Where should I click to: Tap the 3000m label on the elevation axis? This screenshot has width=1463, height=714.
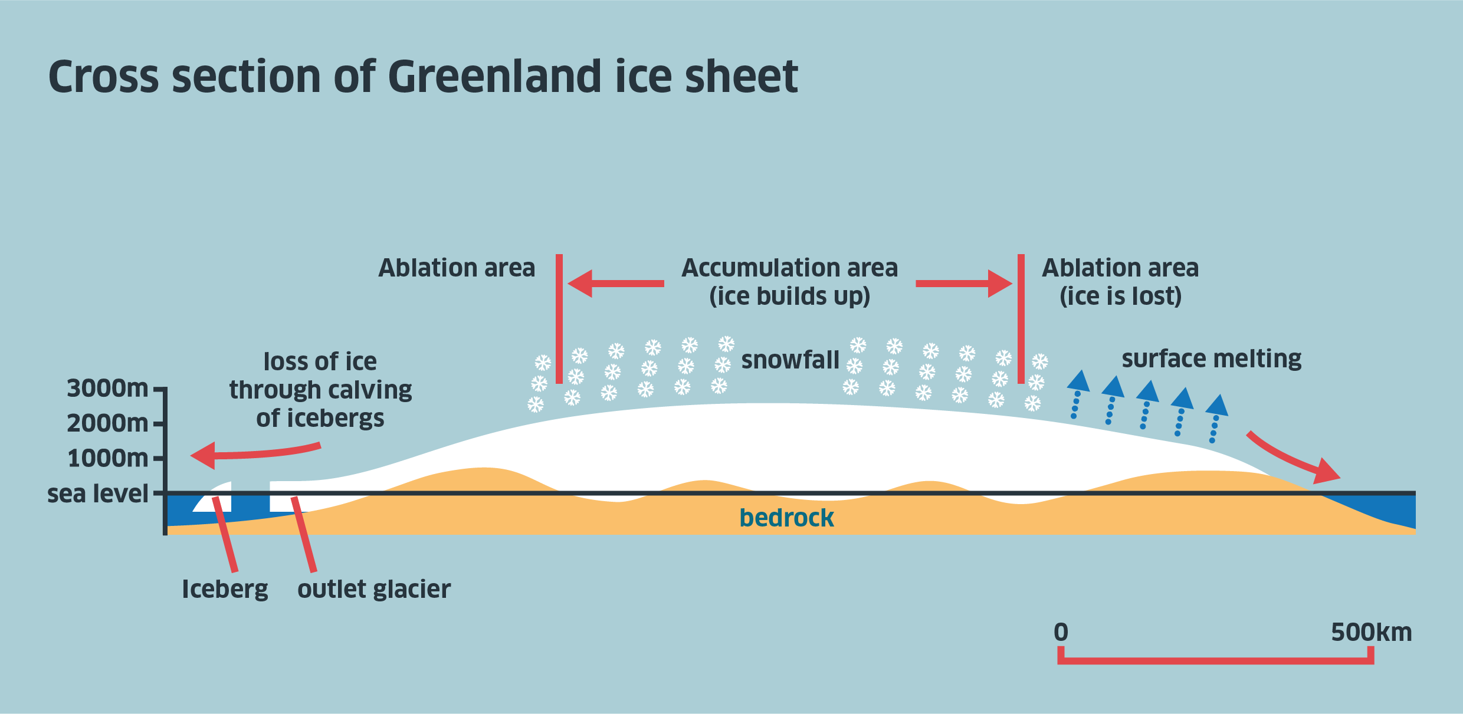click(x=107, y=389)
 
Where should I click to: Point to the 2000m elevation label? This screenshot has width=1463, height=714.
click(x=107, y=423)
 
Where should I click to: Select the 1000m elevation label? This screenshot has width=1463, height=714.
click(x=107, y=458)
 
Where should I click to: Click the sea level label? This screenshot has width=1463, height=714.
click(x=98, y=493)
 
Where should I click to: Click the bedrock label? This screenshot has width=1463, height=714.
click(x=786, y=518)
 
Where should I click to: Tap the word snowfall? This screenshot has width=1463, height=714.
click(x=790, y=360)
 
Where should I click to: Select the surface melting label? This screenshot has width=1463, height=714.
click(x=1211, y=358)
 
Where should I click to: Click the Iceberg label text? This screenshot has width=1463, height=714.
click(x=225, y=588)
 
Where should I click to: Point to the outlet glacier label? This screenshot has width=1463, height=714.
click(x=374, y=588)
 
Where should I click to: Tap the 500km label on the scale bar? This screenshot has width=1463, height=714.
click(x=1371, y=632)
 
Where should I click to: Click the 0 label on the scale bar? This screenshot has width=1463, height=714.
click(x=1061, y=632)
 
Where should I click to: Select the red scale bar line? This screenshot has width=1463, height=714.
click(x=1215, y=660)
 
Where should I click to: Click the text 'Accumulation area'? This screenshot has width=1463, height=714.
click(x=789, y=268)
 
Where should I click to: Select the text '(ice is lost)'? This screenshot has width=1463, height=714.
click(x=1120, y=296)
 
